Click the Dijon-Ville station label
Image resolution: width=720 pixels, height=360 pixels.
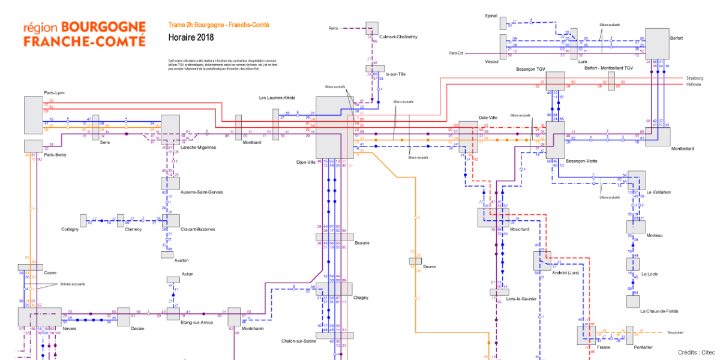click(305, 162)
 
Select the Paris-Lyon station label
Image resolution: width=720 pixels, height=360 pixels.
click(54, 93)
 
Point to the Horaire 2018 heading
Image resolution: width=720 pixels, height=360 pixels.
click(190, 38)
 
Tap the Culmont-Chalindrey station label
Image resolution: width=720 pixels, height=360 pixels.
click(398, 37)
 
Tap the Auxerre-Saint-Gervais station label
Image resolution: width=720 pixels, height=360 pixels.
click(202, 192)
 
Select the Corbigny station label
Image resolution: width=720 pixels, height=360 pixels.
click(70, 229)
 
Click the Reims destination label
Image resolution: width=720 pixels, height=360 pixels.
click(334, 28)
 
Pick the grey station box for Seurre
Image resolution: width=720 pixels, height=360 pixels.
click(415, 260)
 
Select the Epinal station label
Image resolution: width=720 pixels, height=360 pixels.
click(491, 17)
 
